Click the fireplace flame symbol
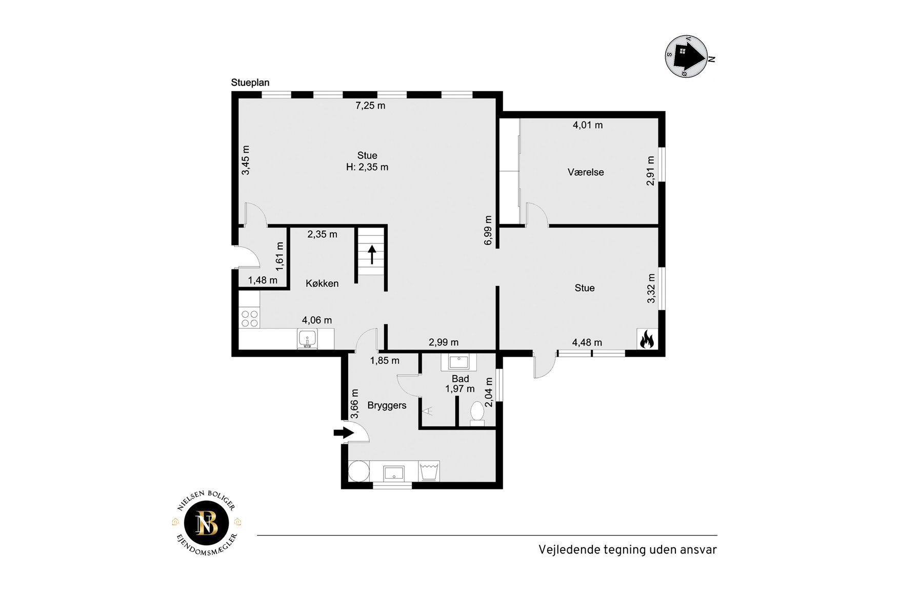click(647, 339)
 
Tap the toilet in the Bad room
click(477, 413)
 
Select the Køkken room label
click(322, 283)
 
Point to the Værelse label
click(586, 172)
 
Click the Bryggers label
click(387, 405)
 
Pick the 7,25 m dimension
click(370, 106)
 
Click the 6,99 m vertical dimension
click(488, 230)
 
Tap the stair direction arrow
click(372, 255)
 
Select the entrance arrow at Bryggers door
click(344, 432)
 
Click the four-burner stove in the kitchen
click(250, 318)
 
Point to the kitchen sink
click(307, 339)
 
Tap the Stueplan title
click(250, 83)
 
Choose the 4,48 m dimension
click(587, 342)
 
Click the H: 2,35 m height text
click(367, 167)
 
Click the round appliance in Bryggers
click(358, 471)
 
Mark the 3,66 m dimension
click(354, 404)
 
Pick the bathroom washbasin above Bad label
click(458, 362)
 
